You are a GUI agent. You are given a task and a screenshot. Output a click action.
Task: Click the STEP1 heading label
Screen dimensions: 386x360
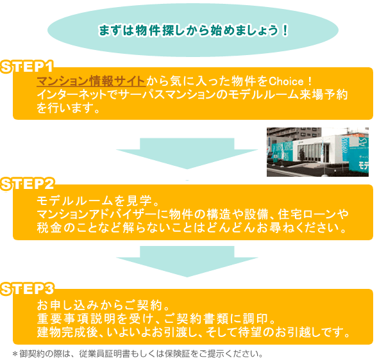click(27, 67)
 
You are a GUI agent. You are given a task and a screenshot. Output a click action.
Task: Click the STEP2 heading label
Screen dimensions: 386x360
click(27, 184)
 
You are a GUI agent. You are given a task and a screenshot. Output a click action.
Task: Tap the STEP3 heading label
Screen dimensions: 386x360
click(27, 289)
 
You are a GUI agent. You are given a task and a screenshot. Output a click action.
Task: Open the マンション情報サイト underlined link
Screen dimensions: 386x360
click(91, 81)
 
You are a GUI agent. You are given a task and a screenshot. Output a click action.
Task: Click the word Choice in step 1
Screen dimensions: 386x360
click(287, 81)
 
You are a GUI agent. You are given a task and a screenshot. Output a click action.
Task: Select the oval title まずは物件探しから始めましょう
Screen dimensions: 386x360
click(193, 30)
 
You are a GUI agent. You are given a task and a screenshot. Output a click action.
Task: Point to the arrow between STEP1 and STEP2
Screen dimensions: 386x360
click(187, 154)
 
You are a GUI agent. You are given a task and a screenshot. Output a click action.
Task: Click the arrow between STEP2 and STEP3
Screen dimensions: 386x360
click(187, 261)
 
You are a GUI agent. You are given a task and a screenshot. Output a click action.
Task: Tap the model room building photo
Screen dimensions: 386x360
click(317, 152)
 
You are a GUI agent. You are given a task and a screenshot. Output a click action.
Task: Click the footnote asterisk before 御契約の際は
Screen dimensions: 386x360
click(15, 354)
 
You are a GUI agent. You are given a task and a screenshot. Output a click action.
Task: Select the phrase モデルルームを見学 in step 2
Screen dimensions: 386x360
click(94, 201)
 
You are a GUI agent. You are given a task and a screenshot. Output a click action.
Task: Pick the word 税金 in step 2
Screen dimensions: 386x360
click(49, 227)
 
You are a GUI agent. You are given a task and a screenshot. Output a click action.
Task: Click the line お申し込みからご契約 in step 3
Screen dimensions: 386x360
click(99, 305)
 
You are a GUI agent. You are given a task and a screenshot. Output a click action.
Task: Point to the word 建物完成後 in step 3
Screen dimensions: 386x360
click(67, 332)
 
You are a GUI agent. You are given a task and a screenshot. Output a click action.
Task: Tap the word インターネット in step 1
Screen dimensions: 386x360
click(71, 95)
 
